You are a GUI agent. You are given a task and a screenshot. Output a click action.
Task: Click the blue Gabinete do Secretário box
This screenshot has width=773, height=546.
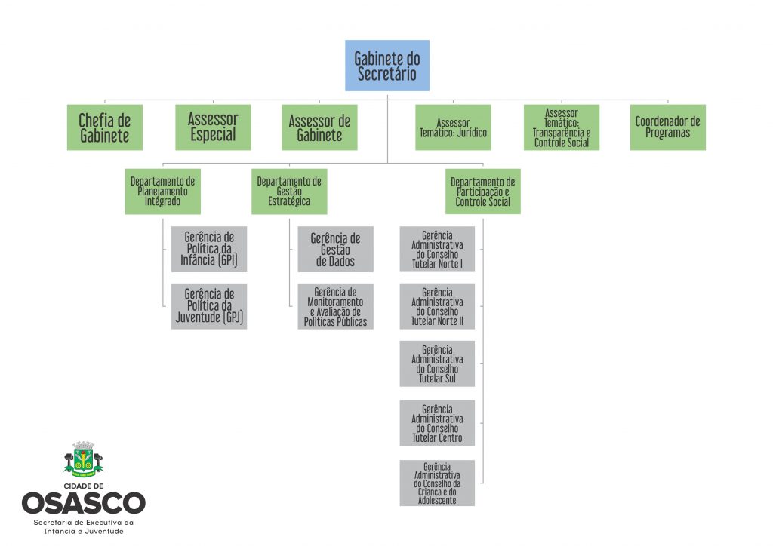(386, 66)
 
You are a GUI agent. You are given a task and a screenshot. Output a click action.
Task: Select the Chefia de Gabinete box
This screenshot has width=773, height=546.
(104, 127)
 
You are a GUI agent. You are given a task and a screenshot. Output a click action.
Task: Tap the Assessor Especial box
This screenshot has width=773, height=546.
(213, 127)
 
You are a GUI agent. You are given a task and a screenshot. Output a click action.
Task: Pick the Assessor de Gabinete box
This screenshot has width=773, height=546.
(319, 127)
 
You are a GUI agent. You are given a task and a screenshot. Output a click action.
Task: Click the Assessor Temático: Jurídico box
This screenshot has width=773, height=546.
(453, 127)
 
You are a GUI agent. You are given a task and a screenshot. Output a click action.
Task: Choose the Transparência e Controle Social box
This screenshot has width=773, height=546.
(562, 127)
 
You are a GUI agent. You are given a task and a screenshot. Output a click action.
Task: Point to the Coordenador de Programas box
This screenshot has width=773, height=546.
(667, 127)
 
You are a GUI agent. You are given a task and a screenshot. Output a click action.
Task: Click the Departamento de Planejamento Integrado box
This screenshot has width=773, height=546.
(162, 192)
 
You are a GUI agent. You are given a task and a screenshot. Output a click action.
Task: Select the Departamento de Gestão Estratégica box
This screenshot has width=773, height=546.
(289, 192)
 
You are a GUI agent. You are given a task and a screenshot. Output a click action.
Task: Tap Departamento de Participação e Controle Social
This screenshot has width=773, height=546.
(483, 192)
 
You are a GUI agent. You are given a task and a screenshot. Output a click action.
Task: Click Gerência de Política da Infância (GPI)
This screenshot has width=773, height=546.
(209, 249)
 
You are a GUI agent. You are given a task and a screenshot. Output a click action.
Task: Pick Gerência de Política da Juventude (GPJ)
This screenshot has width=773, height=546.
(209, 306)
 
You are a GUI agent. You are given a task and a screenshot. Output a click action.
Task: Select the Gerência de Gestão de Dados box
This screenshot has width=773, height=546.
(335, 249)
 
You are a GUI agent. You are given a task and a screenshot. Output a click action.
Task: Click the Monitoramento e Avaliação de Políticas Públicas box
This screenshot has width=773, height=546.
(335, 306)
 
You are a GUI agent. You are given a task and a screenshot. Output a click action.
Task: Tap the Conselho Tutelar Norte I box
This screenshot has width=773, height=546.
(437, 249)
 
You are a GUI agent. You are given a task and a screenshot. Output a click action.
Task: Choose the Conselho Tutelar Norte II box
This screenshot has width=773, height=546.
(437, 306)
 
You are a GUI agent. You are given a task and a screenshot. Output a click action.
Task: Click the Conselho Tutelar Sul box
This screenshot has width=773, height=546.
(437, 363)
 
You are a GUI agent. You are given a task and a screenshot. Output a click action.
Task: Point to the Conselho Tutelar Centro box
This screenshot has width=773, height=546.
(437, 422)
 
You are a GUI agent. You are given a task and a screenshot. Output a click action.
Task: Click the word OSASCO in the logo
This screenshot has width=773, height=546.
(83, 503)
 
